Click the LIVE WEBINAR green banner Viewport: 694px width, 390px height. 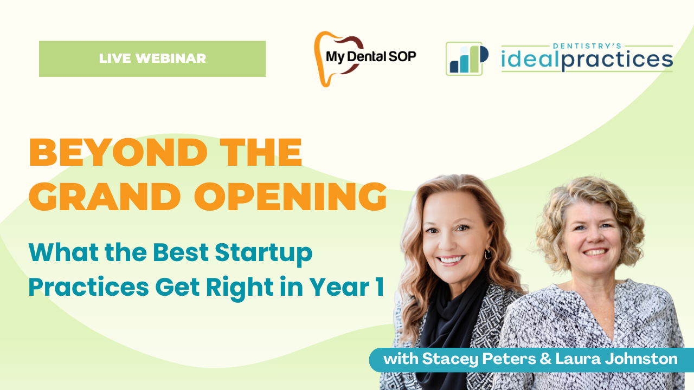[152, 58]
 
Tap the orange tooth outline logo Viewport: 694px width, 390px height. [321, 60]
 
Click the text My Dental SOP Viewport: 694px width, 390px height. [371, 56]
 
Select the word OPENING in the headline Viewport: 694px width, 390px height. [290, 197]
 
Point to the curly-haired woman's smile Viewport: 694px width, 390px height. [595, 252]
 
